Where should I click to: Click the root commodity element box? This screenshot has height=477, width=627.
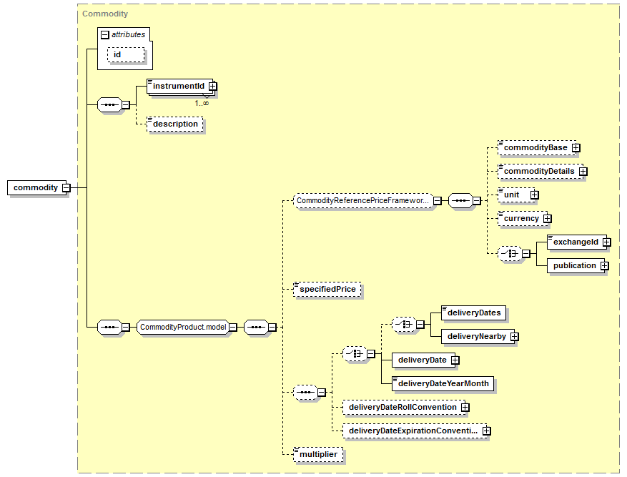[x=36, y=187]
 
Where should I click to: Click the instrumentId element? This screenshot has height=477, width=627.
[x=178, y=86]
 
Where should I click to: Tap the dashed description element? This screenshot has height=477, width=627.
[x=175, y=124]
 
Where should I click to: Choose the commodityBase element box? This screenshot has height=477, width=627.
[x=535, y=147]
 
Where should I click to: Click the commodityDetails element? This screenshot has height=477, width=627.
[x=539, y=171]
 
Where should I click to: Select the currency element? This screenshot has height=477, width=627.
[x=521, y=218]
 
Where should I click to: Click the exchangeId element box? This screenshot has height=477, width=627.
[x=576, y=242]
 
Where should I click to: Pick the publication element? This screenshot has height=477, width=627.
[x=574, y=265]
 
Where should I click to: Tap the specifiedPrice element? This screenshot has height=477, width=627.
[x=327, y=289]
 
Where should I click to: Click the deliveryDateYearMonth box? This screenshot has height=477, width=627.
[x=443, y=383]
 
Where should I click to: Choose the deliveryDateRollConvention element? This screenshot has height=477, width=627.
[x=402, y=407]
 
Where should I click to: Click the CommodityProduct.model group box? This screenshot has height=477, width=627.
[x=183, y=327]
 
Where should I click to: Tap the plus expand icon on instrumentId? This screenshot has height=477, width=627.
[x=212, y=87]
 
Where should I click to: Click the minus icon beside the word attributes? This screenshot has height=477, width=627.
[x=105, y=34]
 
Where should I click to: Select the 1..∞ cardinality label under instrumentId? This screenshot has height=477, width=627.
[x=202, y=103]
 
